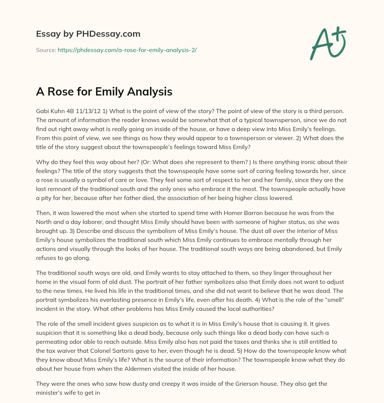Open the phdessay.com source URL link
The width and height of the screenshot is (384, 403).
(127, 50)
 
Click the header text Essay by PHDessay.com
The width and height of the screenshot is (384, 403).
(88, 34)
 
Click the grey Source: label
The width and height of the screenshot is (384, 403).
(46, 50)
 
